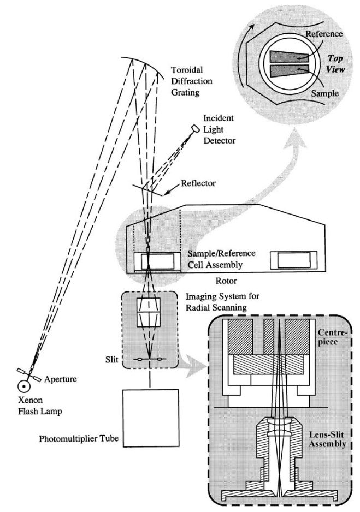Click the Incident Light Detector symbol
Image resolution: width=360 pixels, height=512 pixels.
(196, 129)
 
